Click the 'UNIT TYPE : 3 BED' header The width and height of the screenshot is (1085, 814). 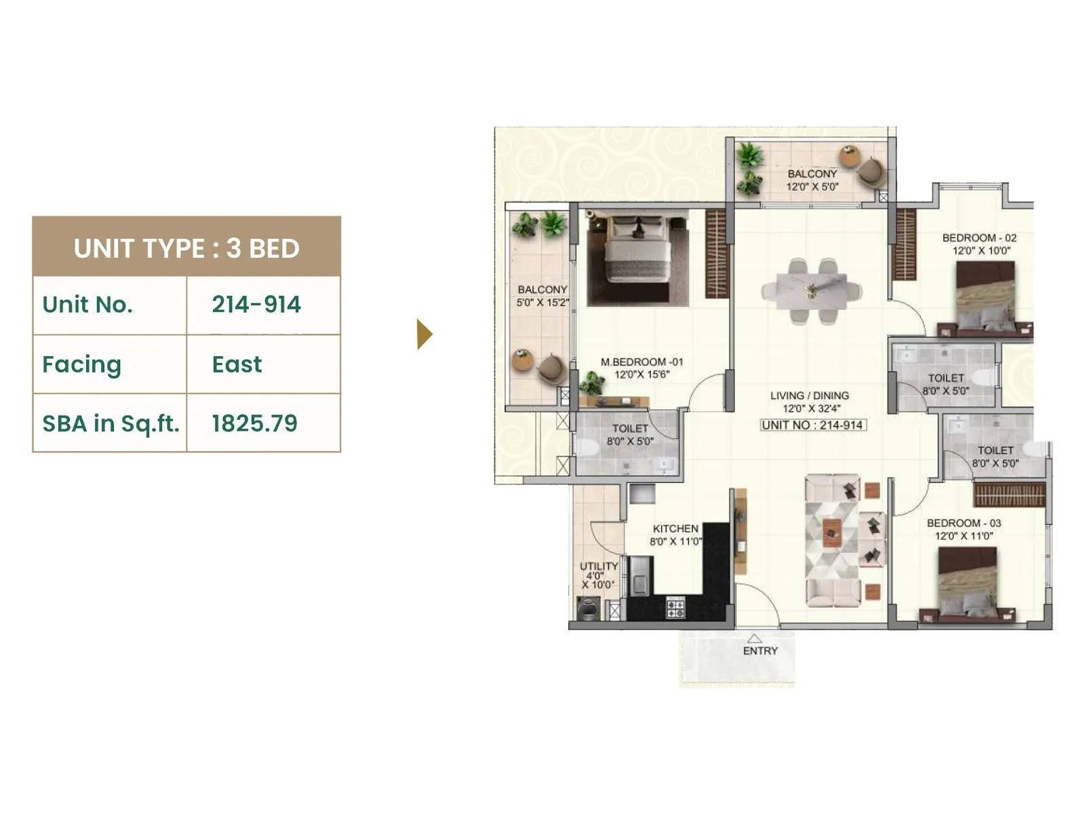(186, 248)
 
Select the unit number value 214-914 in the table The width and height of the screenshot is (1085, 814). (256, 305)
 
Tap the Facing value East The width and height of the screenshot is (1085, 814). (237, 364)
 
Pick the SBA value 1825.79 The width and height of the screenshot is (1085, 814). (254, 423)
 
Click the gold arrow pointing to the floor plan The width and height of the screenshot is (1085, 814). (425, 334)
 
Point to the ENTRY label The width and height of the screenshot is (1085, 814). (760, 651)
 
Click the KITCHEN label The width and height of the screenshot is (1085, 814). (675, 528)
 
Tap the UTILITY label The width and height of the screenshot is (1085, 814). (599, 566)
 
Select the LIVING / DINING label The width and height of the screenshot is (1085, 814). (810, 395)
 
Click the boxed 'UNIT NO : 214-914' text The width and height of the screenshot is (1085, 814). (812, 425)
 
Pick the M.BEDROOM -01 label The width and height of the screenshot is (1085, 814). (642, 362)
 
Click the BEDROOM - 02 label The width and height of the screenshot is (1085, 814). (979, 238)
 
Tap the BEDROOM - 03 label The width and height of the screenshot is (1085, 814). (964, 523)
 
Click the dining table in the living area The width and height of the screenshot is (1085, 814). (811, 290)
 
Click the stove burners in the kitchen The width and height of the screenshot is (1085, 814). (675, 607)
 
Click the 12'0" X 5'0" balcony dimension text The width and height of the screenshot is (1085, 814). (812, 187)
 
